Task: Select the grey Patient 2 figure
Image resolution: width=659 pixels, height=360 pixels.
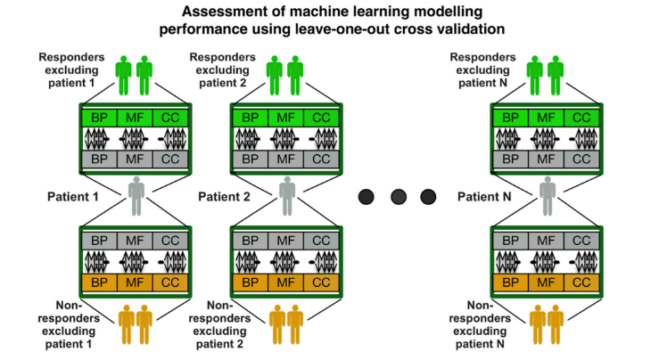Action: [x=285, y=196]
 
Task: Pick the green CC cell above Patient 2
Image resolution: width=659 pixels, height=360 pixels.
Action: [x=320, y=118]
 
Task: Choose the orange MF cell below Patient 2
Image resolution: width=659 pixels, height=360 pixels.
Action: [x=283, y=282]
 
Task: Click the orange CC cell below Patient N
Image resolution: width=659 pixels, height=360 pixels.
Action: [x=581, y=282]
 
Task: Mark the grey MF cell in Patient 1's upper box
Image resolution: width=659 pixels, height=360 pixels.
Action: [x=136, y=160]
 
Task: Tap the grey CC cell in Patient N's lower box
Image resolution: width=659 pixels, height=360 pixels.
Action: [x=581, y=240]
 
